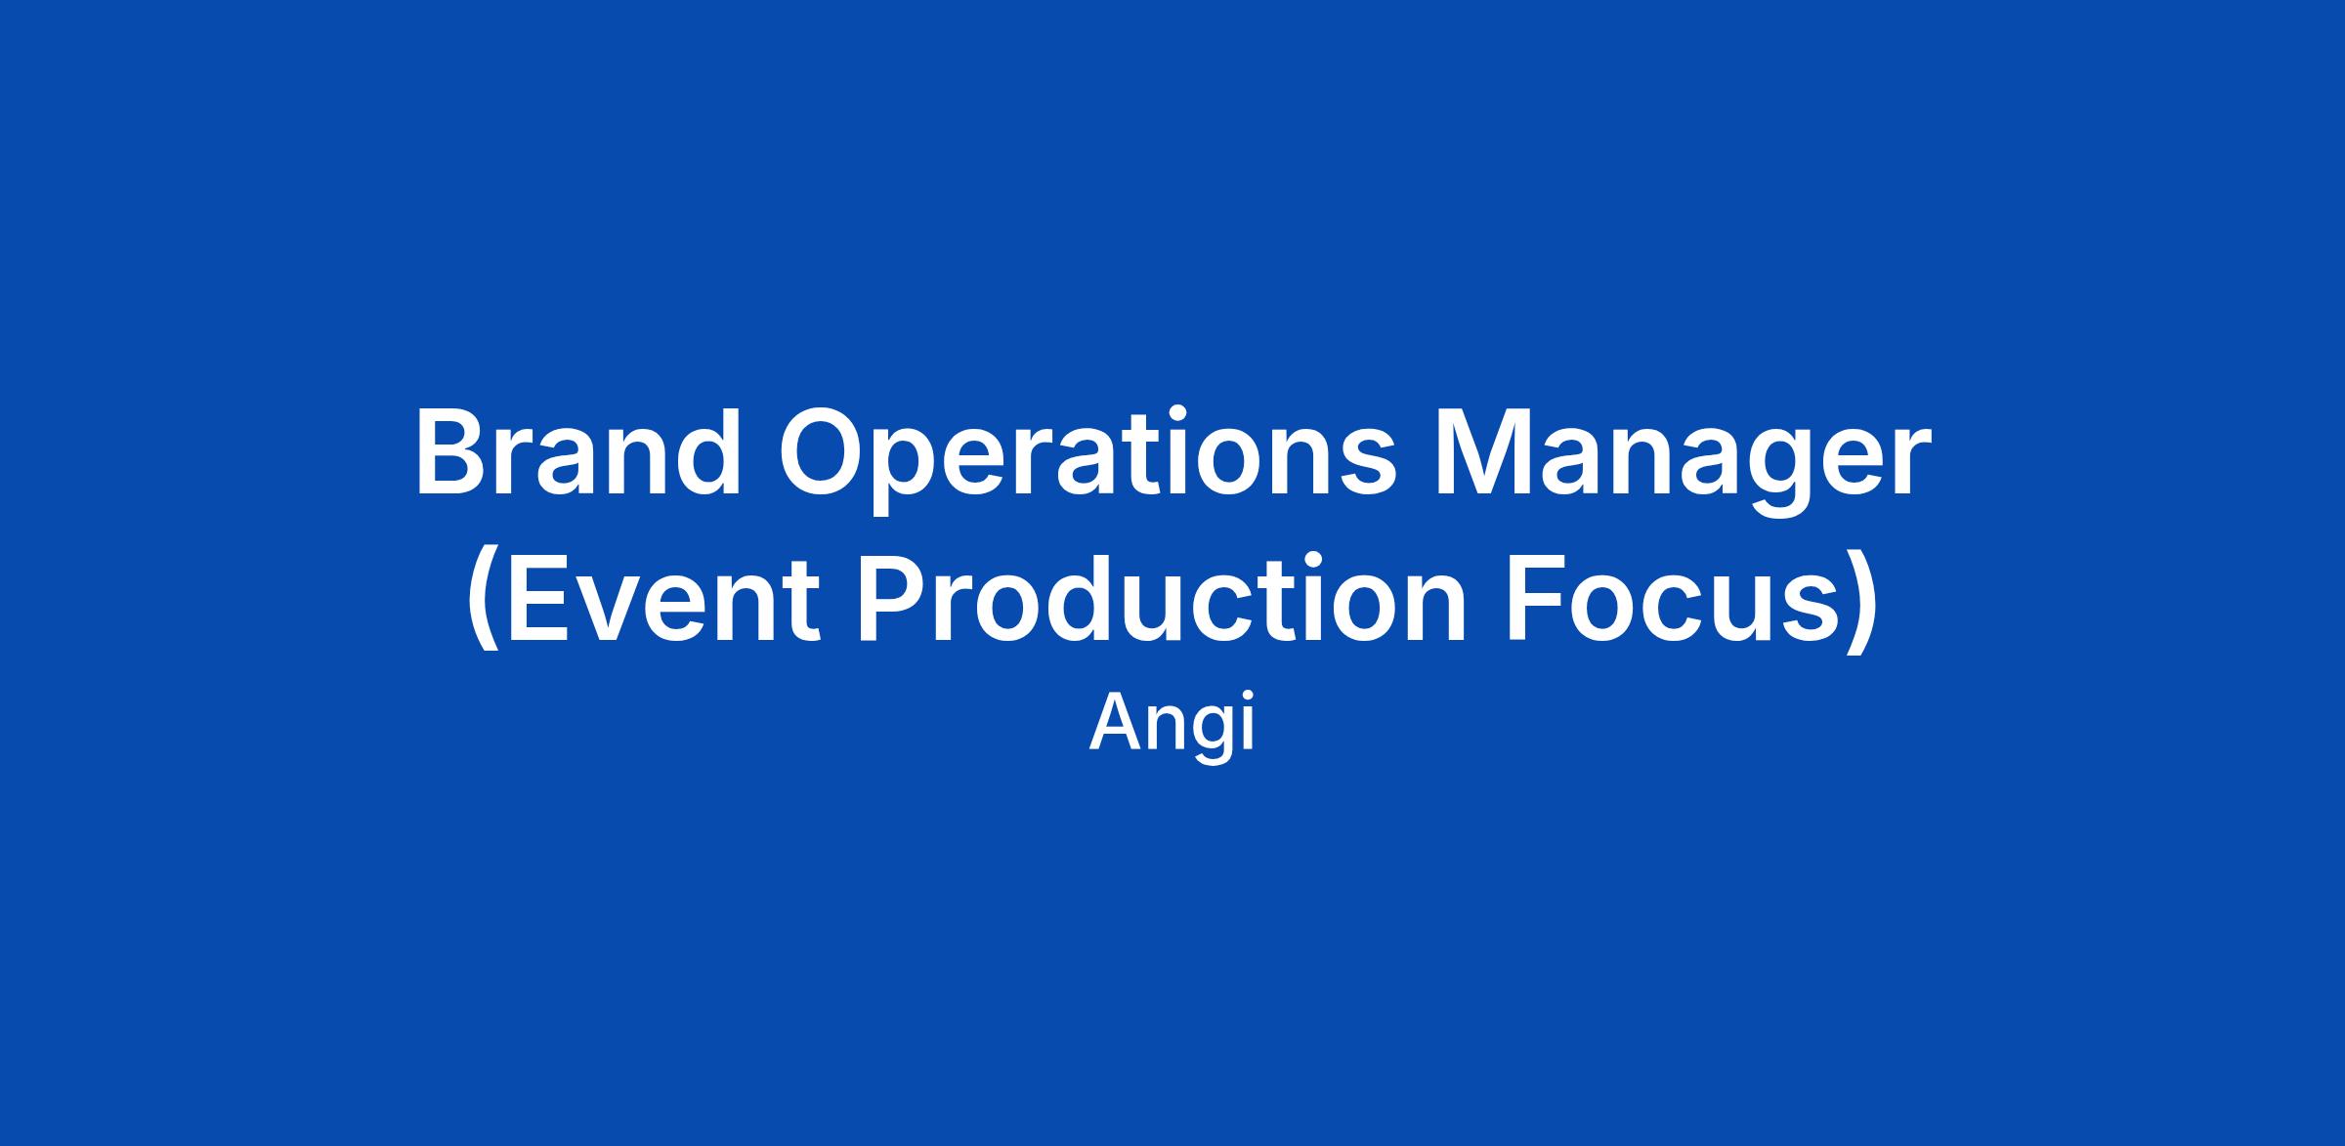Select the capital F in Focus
pyautogui.click(x=1539, y=598)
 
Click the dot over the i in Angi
pyautogui.click(x=1248, y=698)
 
